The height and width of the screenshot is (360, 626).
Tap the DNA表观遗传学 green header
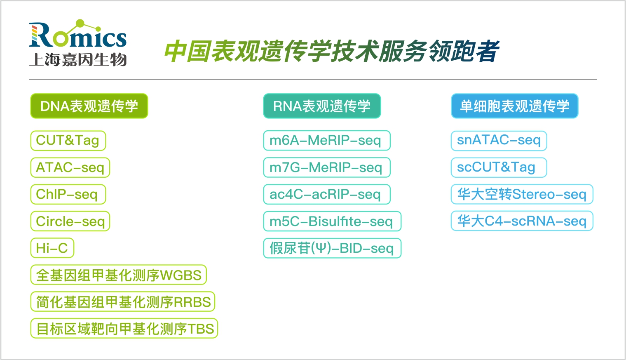89,106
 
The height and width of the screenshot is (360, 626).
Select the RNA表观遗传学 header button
322,106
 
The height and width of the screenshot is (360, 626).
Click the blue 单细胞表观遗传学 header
514,106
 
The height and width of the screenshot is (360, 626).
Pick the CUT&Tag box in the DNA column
68,141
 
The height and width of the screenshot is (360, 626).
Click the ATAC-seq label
70,167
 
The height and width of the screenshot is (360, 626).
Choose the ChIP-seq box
68,194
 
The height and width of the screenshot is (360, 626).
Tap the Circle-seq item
70,221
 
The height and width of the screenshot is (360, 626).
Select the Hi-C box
52,248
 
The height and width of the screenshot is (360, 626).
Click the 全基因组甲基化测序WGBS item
119,275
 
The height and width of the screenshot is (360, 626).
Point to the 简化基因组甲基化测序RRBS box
123,301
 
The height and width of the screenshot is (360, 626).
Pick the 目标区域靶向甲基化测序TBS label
124,328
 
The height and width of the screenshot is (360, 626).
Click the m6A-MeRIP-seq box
327,141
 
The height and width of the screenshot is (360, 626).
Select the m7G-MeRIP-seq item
327,167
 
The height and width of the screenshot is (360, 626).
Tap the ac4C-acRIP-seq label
327,194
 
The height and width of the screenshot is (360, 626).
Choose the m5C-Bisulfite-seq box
332,221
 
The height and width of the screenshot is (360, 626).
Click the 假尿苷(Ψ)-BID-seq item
332,248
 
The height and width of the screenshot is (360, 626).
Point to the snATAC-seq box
499,141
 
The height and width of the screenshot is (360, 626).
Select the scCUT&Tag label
499,167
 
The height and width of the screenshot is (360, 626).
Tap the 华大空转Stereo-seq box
522,194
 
